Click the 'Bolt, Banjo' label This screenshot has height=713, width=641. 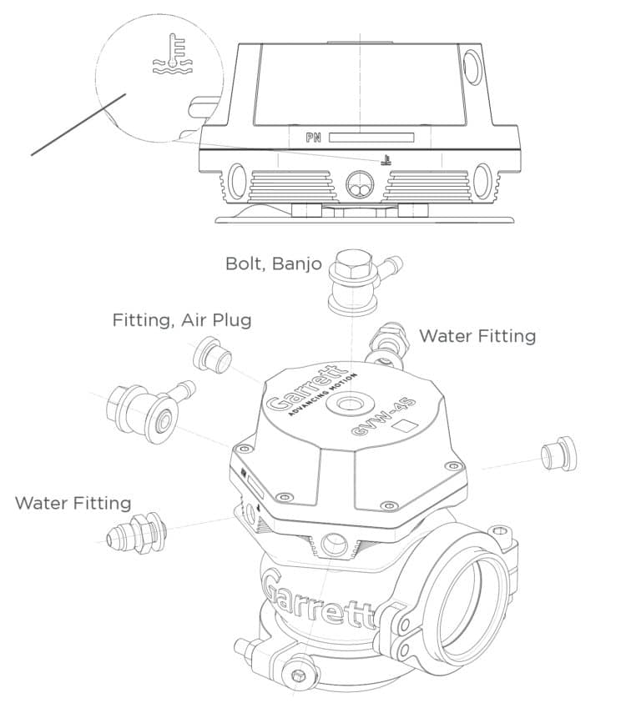[274, 264]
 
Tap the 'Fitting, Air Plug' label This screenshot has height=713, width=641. [182, 320]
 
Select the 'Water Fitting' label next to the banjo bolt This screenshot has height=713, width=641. [477, 336]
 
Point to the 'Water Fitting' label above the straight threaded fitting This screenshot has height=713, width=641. [73, 503]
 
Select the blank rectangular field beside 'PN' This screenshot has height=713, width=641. [371, 138]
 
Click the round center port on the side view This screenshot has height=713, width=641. [360, 185]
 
